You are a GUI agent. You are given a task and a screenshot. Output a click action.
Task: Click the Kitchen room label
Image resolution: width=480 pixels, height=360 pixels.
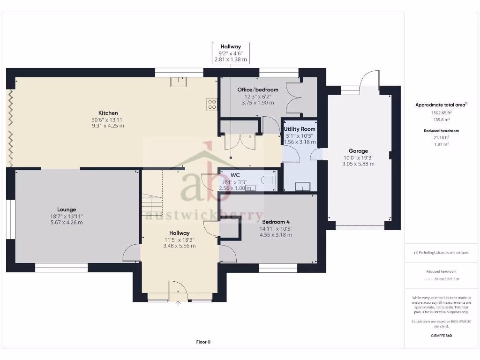(108, 113)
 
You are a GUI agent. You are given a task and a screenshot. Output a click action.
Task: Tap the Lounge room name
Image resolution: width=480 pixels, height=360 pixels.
(67, 210)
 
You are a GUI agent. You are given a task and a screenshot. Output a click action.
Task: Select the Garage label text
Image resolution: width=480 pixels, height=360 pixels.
(358, 151)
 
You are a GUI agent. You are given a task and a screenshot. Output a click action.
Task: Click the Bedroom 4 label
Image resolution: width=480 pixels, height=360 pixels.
(276, 222)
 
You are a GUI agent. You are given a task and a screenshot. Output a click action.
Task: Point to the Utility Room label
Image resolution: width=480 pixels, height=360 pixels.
(300, 129)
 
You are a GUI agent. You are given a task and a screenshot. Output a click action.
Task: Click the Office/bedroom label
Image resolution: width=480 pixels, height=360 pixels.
(257, 90)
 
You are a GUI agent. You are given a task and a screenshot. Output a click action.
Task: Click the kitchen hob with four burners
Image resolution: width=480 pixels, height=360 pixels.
(211, 105)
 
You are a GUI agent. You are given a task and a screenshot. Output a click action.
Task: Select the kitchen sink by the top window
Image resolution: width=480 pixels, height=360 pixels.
(178, 82)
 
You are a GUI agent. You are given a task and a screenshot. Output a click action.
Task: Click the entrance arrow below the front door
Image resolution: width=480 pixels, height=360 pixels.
(178, 303)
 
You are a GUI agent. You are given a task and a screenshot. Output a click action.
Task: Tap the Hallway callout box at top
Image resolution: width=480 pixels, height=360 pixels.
(230, 53)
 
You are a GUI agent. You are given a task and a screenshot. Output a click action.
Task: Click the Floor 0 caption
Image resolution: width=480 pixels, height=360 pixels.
(203, 342)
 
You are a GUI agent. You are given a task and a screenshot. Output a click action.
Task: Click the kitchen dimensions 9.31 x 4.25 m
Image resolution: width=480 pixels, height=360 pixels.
(108, 126)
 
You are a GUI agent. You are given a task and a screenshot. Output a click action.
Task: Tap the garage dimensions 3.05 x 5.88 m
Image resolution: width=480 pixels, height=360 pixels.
(358, 164)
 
